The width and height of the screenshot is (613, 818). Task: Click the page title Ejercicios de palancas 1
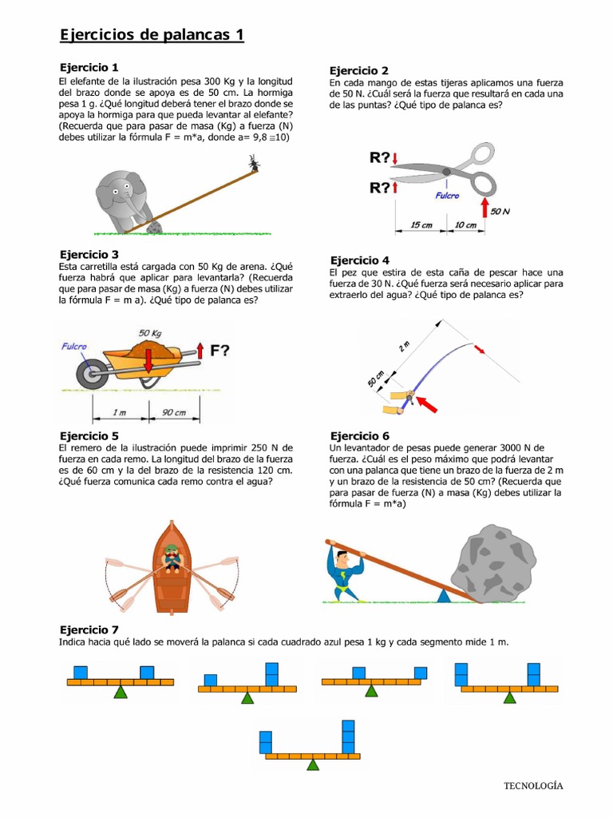point(152,35)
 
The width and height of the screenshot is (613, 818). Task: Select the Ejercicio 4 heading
point(360,260)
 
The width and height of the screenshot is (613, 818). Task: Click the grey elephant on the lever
point(123,200)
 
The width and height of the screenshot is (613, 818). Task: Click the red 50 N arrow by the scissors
point(484,208)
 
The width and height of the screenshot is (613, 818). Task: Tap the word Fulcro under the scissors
point(447,194)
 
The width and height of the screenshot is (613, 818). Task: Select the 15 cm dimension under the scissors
point(421,225)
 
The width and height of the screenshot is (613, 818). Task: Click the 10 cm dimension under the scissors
point(465,225)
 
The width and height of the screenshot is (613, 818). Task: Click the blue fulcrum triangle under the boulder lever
point(443,594)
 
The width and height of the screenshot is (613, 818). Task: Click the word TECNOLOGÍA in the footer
point(532,785)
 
